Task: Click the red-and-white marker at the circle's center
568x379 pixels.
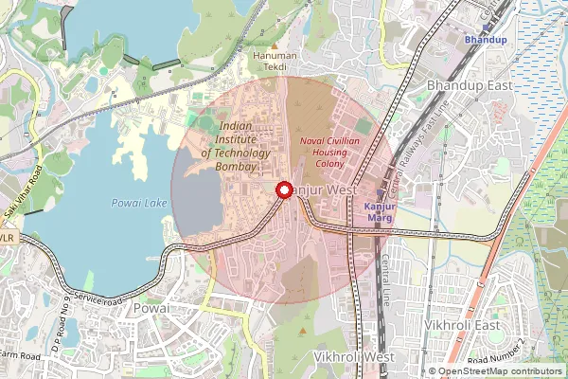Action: [x=283, y=191]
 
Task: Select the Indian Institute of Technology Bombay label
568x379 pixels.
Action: [x=236, y=146]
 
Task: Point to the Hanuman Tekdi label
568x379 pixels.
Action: [x=275, y=56]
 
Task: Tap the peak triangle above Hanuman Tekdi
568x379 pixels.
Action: [x=275, y=44]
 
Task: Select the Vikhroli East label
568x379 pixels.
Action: [x=462, y=326]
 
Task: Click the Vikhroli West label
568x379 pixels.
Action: [x=353, y=356]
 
